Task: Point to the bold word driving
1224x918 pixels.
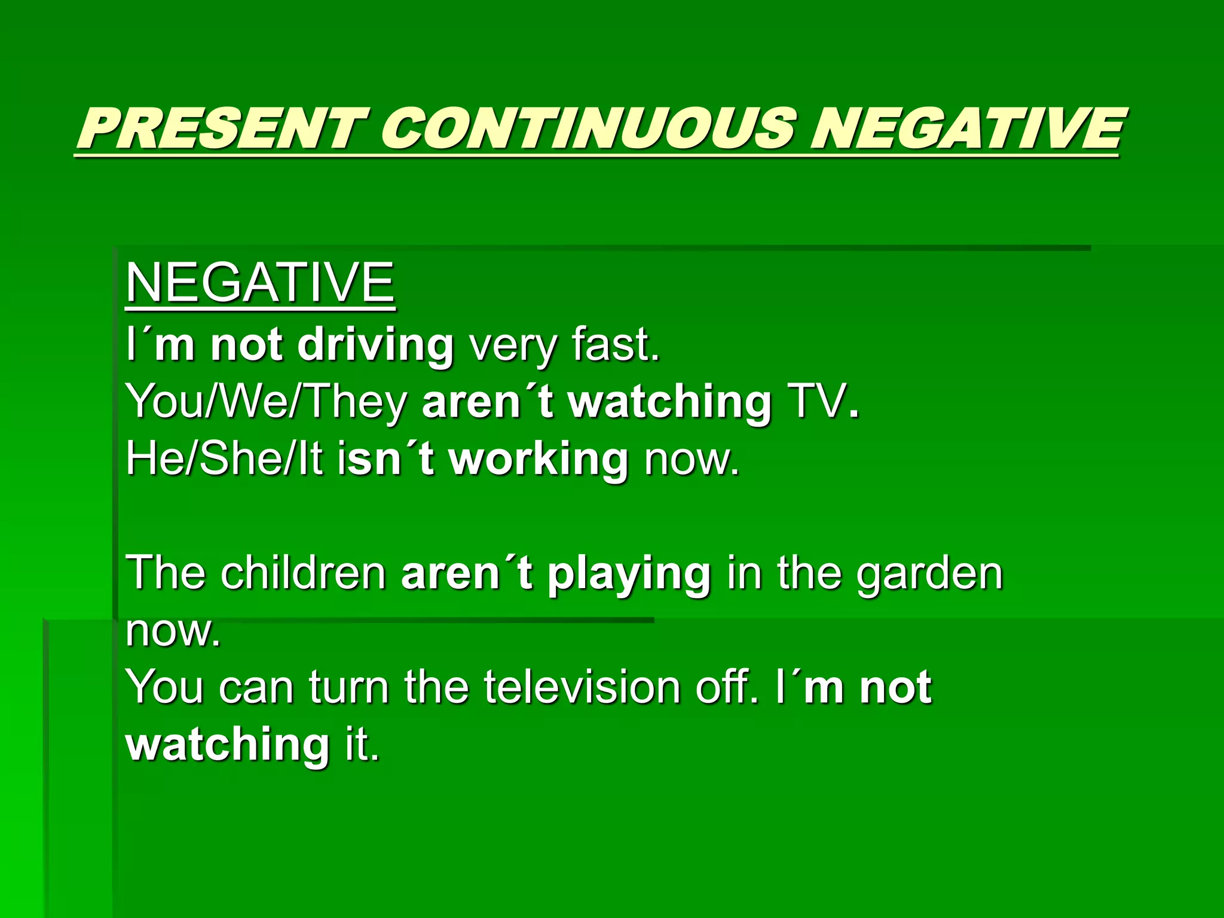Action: point(375,345)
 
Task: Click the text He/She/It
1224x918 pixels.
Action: point(225,459)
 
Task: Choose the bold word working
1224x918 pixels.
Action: point(538,459)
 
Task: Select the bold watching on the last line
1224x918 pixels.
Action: point(227,745)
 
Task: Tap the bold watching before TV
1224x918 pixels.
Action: point(669,402)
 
